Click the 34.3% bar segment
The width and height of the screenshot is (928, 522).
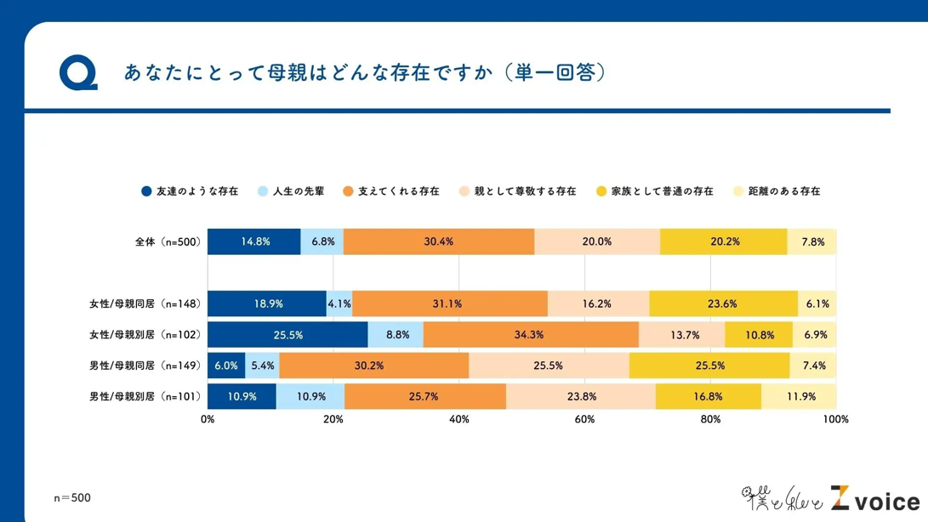pyautogui.click(x=530, y=335)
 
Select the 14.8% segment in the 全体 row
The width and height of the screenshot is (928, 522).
pyautogui.click(x=254, y=241)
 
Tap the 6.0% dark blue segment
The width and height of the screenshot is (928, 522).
pyautogui.click(x=226, y=366)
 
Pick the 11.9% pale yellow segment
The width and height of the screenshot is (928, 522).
pyautogui.click(x=800, y=396)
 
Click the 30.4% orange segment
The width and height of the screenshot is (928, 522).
pyautogui.click(x=439, y=241)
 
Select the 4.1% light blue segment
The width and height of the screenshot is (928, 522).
pyautogui.click(x=339, y=304)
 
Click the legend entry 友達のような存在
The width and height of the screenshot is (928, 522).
pyautogui.click(x=190, y=191)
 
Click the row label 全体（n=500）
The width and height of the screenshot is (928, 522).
pyautogui.click(x=168, y=241)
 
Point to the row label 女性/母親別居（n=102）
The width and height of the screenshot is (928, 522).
pyautogui.click(x=145, y=335)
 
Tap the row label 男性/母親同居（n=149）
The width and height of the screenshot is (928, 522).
pyautogui.click(x=145, y=366)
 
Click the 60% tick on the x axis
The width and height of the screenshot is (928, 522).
pyautogui.click(x=584, y=419)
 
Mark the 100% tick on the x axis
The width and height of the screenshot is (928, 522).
pyautogui.click(x=835, y=419)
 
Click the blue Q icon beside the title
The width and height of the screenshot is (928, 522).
pyautogui.click(x=78, y=73)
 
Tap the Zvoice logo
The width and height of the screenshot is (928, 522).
pyautogui.click(x=874, y=499)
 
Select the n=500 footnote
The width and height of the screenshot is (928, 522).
pyautogui.click(x=72, y=497)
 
